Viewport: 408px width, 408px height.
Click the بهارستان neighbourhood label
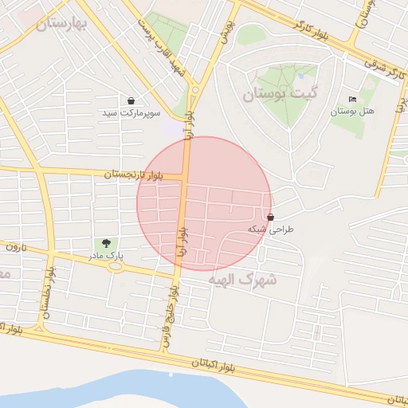[x=63, y=24]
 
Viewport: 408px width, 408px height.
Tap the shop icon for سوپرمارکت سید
[x=131, y=100]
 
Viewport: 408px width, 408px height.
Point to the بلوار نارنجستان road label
[x=131, y=174]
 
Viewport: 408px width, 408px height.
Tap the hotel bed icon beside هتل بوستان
[x=352, y=100]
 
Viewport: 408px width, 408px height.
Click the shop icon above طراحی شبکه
[x=271, y=217]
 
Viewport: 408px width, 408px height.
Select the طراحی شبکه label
[x=271, y=229]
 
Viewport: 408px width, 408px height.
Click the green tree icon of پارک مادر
[x=105, y=243]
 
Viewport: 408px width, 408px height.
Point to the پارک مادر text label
[x=105, y=256]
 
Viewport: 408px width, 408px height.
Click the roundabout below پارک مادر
[x=116, y=267]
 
